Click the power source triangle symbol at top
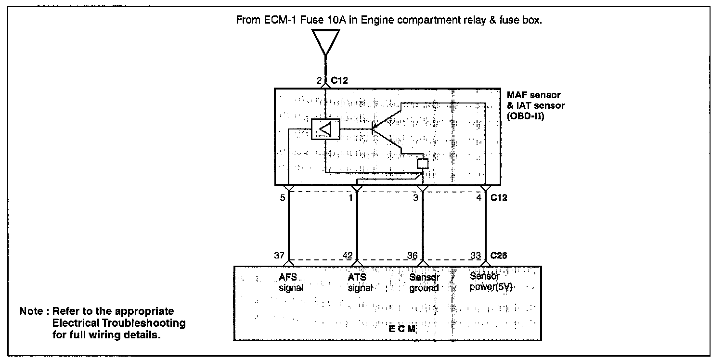point(325,40)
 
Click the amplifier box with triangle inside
point(325,129)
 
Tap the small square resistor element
point(422,163)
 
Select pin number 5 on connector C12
point(283,197)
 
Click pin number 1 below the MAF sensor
point(351,197)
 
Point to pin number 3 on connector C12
point(415,197)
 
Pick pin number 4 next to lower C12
point(478,197)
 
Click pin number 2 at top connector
point(319,80)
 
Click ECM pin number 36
point(413,256)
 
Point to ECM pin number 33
point(476,256)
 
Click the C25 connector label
point(499,256)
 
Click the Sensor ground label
point(424,283)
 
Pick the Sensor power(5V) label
point(491,283)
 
